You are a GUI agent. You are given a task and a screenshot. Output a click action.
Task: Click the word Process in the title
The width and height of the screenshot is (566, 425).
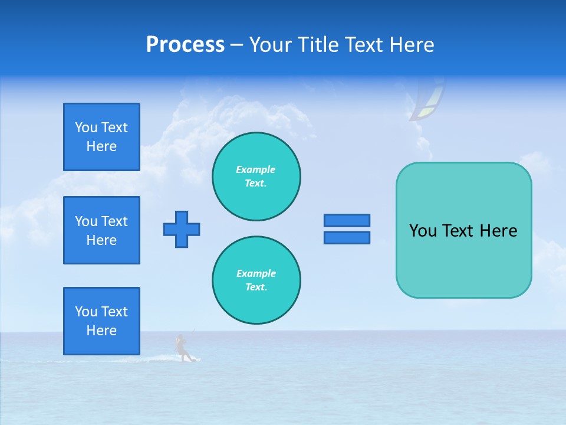(x=185, y=45)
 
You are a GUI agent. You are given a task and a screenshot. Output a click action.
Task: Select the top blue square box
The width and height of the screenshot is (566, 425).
(x=101, y=137)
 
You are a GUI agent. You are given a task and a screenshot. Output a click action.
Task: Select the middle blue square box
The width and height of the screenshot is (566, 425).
(x=101, y=230)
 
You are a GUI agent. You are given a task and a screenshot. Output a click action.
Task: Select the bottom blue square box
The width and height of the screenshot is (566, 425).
(x=101, y=321)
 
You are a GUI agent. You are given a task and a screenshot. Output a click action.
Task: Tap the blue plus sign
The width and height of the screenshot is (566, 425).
(x=182, y=229)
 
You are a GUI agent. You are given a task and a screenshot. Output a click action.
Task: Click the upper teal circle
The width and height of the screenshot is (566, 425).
(x=256, y=176)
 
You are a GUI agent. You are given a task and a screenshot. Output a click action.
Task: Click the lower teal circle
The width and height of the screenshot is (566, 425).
(x=256, y=280)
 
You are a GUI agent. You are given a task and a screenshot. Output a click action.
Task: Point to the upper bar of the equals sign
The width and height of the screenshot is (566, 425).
(x=347, y=220)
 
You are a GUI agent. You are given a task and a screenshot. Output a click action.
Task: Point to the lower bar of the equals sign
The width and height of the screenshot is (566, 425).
(x=347, y=237)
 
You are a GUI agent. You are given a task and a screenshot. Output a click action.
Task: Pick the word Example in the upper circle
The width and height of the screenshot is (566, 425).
(x=256, y=169)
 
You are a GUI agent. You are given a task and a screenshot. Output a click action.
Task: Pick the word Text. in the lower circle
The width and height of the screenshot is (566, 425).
(x=256, y=287)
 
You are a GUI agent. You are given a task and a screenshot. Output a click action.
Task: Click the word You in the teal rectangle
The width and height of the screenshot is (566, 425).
(x=423, y=231)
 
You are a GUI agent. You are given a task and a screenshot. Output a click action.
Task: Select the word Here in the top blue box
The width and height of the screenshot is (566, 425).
(x=101, y=146)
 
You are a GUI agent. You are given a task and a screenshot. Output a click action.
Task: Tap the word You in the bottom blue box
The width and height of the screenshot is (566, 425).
(x=86, y=312)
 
